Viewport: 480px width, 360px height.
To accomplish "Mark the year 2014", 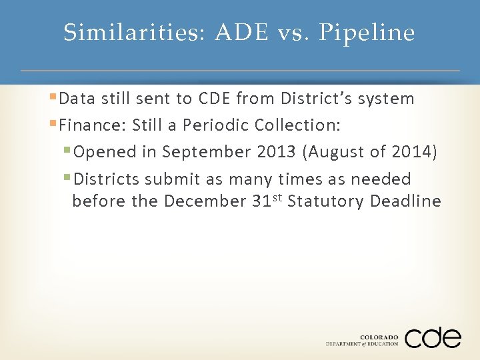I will click(x=414, y=152).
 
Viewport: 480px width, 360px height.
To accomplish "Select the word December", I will click(x=205, y=201).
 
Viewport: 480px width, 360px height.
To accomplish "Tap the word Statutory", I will click(x=325, y=201).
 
